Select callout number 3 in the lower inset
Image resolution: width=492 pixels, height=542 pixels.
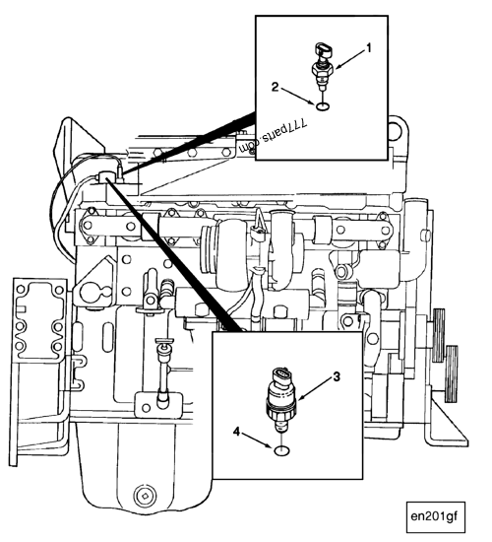[336, 376]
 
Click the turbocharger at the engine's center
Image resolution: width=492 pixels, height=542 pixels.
[226, 241]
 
